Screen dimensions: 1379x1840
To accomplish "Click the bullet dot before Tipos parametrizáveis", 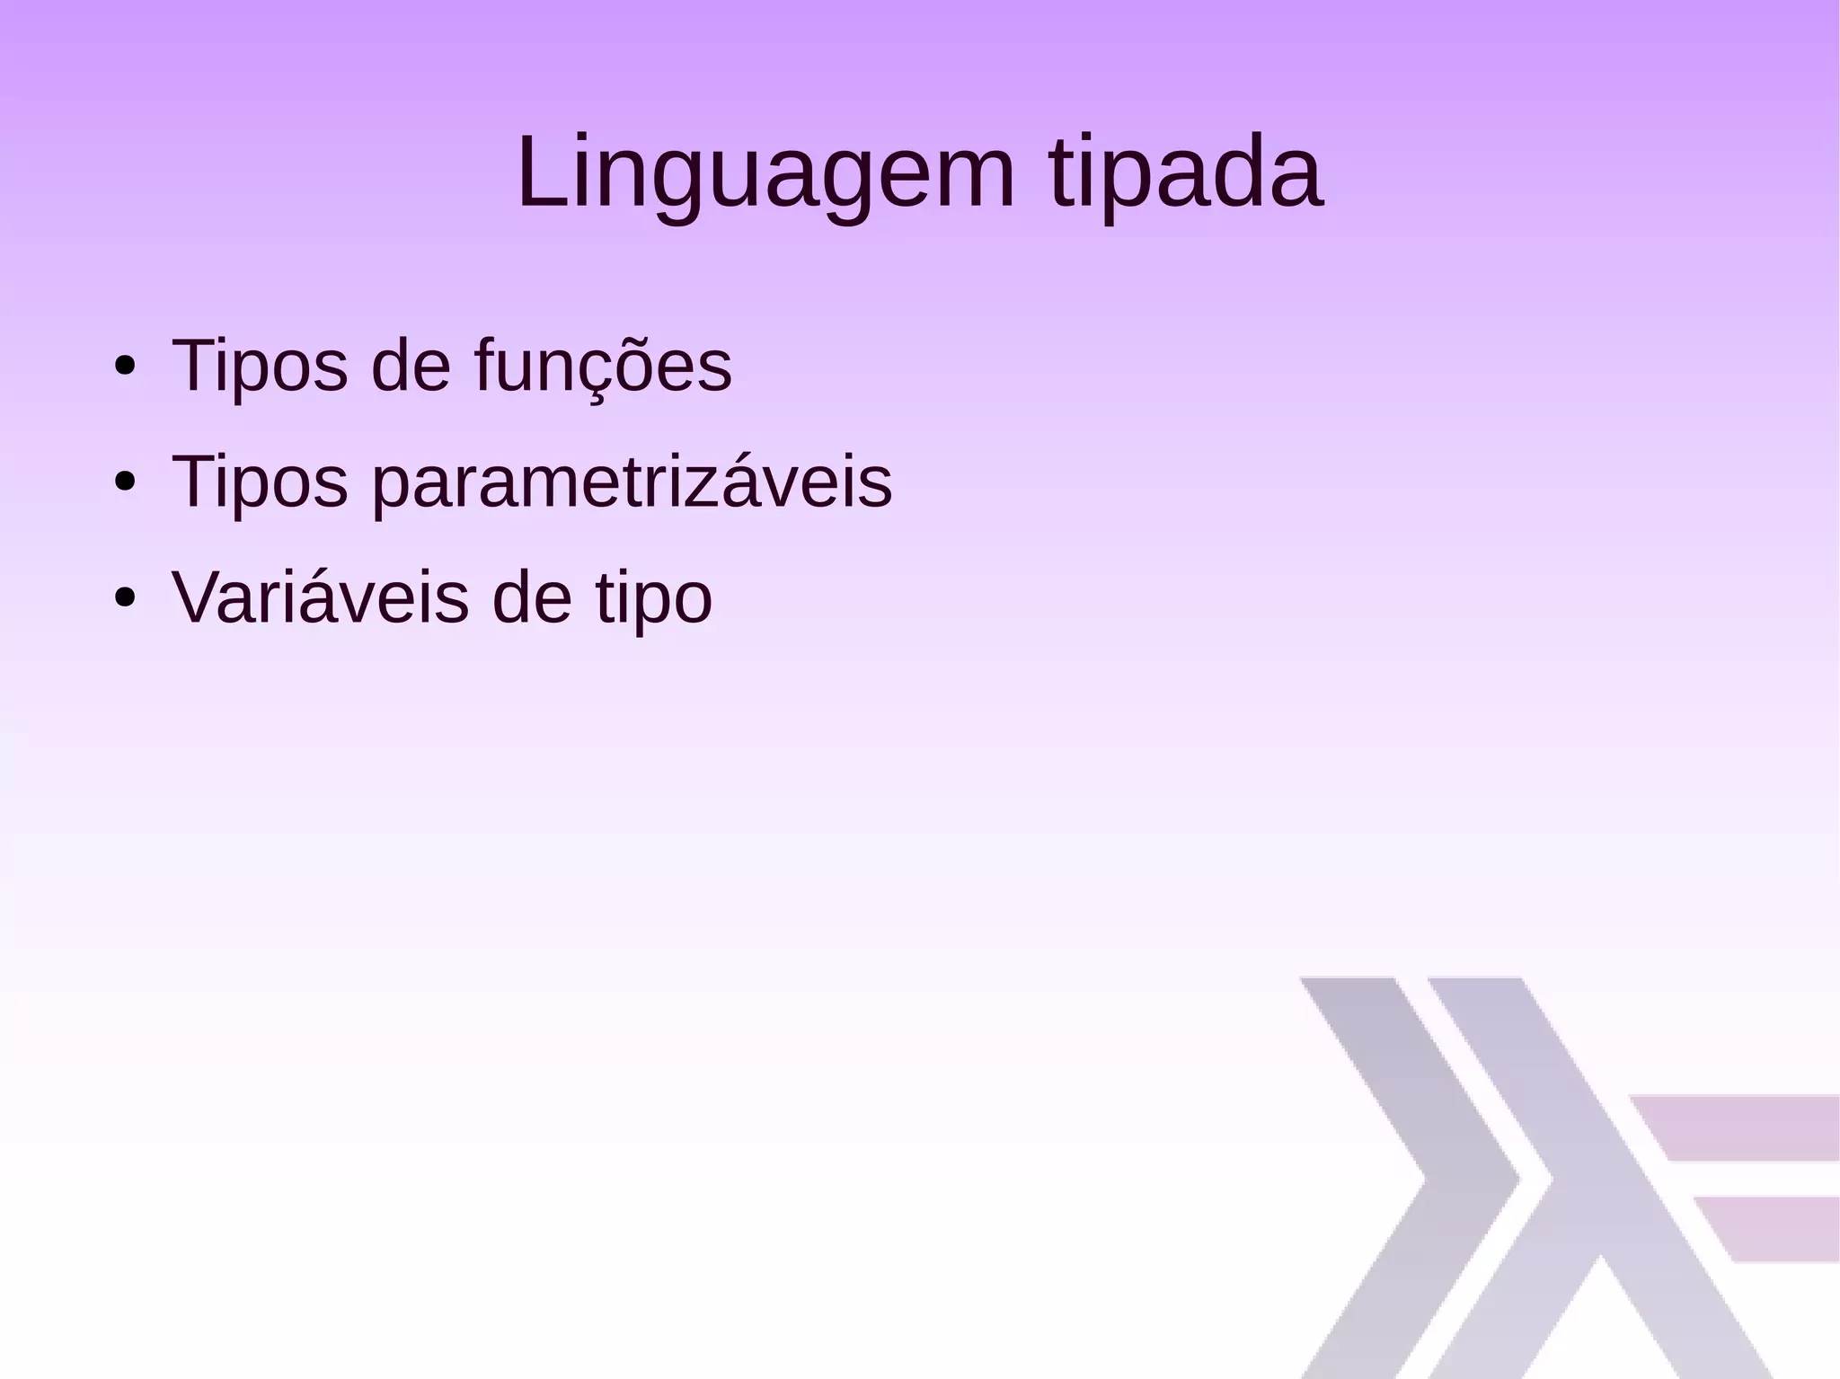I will [125, 482].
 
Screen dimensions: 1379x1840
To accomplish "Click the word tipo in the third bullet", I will [654, 599].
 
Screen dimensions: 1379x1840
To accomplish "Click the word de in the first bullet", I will [411, 367].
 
